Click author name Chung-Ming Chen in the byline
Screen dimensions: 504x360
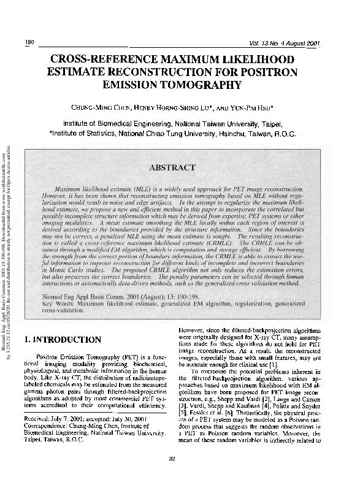point(102,105)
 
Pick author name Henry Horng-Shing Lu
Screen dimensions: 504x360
point(178,105)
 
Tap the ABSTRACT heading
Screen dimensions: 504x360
point(175,167)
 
